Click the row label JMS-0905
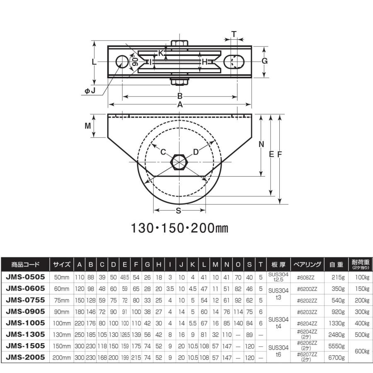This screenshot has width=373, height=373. pyautogui.click(x=25, y=311)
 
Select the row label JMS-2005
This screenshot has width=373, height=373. pyautogui.click(x=25, y=357)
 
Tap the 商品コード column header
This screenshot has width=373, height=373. pyautogui.click(x=25, y=264)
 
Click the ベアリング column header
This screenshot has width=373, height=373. pyautogui.click(x=307, y=264)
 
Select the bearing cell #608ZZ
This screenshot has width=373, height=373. pyautogui.click(x=306, y=277)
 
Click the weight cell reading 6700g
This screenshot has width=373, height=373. pyautogui.click(x=337, y=358)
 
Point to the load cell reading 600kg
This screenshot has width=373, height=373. pyautogui.click(x=362, y=351)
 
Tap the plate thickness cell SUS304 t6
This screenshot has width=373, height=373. pyautogui.click(x=279, y=351)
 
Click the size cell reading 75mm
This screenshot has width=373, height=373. pyautogui.click(x=62, y=300)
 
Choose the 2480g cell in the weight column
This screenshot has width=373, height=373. pyautogui.click(x=337, y=335)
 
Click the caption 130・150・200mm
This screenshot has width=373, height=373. pyautogui.click(x=179, y=228)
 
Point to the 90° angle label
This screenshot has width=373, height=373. pyautogui.click(x=135, y=61)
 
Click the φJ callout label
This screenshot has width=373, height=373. pyautogui.click(x=90, y=91)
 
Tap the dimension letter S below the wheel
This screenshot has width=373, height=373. pyautogui.click(x=178, y=211)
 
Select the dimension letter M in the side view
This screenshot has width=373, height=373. pyautogui.click(x=88, y=126)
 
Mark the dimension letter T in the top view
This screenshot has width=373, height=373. pyautogui.click(x=234, y=34)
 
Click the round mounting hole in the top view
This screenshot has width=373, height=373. pyautogui.click(x=122, y=62)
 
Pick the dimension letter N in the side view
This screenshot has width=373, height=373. pyautogui.click(x=262, y=144)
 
